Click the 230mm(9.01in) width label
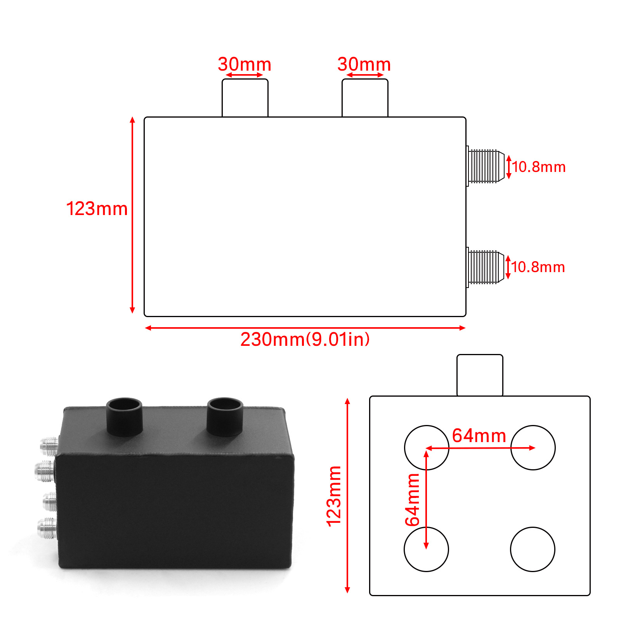coord(305,339)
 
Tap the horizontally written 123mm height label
coord(97,209)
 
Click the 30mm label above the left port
coord(245,64)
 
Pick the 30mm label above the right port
coord(364,64)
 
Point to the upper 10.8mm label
coord(539,167)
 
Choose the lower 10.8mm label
coord(538,267)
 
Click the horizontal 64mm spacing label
coord(479,435)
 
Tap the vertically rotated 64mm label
coord(413,500)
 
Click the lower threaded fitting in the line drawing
coord(485,267)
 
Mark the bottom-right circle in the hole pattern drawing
coord(533,549)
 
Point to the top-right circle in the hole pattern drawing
coord(533,448)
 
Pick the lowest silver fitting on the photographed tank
coord(47,528)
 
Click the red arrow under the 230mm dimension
coord(305,328)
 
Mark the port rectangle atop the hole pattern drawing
coord(480,375)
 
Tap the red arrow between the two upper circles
coord(480,448)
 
